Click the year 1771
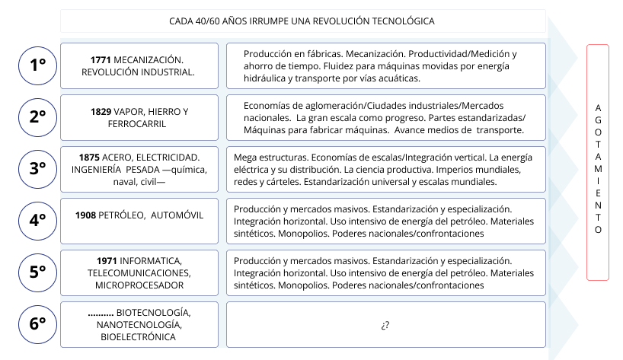coord(101,59)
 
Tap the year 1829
coord(101,111)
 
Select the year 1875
coord(90,156)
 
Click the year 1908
coord(86,215)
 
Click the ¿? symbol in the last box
coord(385,325)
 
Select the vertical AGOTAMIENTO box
coord(598,163)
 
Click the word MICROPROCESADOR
coord(139,285)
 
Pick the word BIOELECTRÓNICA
coord(139,336)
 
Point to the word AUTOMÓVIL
coord(177,215)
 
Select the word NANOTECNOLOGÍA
coord(139,324)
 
